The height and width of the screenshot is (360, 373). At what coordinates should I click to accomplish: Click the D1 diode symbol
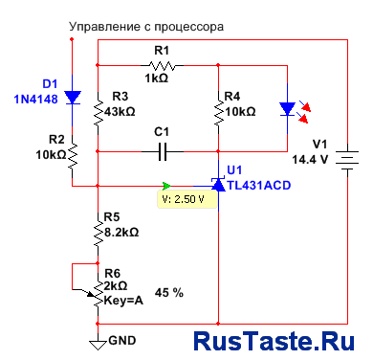[x=73, y=98]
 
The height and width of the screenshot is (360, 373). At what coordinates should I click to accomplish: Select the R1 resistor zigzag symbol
[x=162, y=66]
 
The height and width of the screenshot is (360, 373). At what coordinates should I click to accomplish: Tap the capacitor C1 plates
[x=163, y=151]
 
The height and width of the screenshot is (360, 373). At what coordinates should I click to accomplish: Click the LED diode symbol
[x=287, y=109]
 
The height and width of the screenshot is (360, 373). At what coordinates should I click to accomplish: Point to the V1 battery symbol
[x=347, y=160]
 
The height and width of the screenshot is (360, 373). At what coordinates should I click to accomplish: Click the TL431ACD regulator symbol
[x=218, y=185]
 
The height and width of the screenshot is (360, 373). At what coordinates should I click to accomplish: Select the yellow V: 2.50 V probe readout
[x=187, y=199]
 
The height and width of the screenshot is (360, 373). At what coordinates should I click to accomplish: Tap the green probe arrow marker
[x=166, y=186]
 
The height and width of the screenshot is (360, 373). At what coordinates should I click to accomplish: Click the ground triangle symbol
[x=98, y=345]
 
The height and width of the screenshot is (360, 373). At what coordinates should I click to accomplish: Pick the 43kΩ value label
[x=120, y=112]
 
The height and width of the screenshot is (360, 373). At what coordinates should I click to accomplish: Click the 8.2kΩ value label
[x=121, y=232]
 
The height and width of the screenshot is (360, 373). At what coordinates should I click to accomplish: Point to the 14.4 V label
[x=310, y=159]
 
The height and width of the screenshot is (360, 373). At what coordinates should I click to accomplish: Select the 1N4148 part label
[x=35, y=100]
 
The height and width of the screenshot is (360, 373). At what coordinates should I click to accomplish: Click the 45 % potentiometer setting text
[x=169, y=292]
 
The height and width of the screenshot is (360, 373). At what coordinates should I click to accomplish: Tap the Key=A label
[x=123, y=301]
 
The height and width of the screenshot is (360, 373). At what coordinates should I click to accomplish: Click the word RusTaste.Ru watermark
[x=274, y=341]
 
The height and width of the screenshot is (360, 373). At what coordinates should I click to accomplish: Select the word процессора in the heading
[x=188, y=27]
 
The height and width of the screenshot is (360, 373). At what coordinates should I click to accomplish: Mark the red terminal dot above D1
[x=72, y=39]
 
